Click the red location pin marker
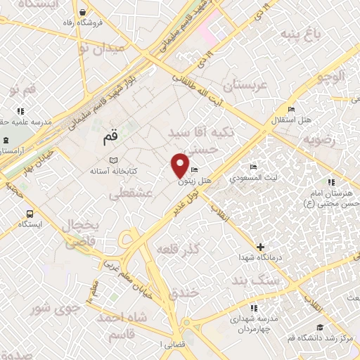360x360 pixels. (x=181, y=165)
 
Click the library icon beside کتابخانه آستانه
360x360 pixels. (x=114, y=161)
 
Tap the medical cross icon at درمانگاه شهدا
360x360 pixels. (x=261, y=247)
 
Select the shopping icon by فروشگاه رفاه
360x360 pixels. (x=84, y=12)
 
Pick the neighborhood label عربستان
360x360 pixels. (x=246, y=85)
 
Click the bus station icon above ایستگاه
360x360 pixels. (x=30, y=214)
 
